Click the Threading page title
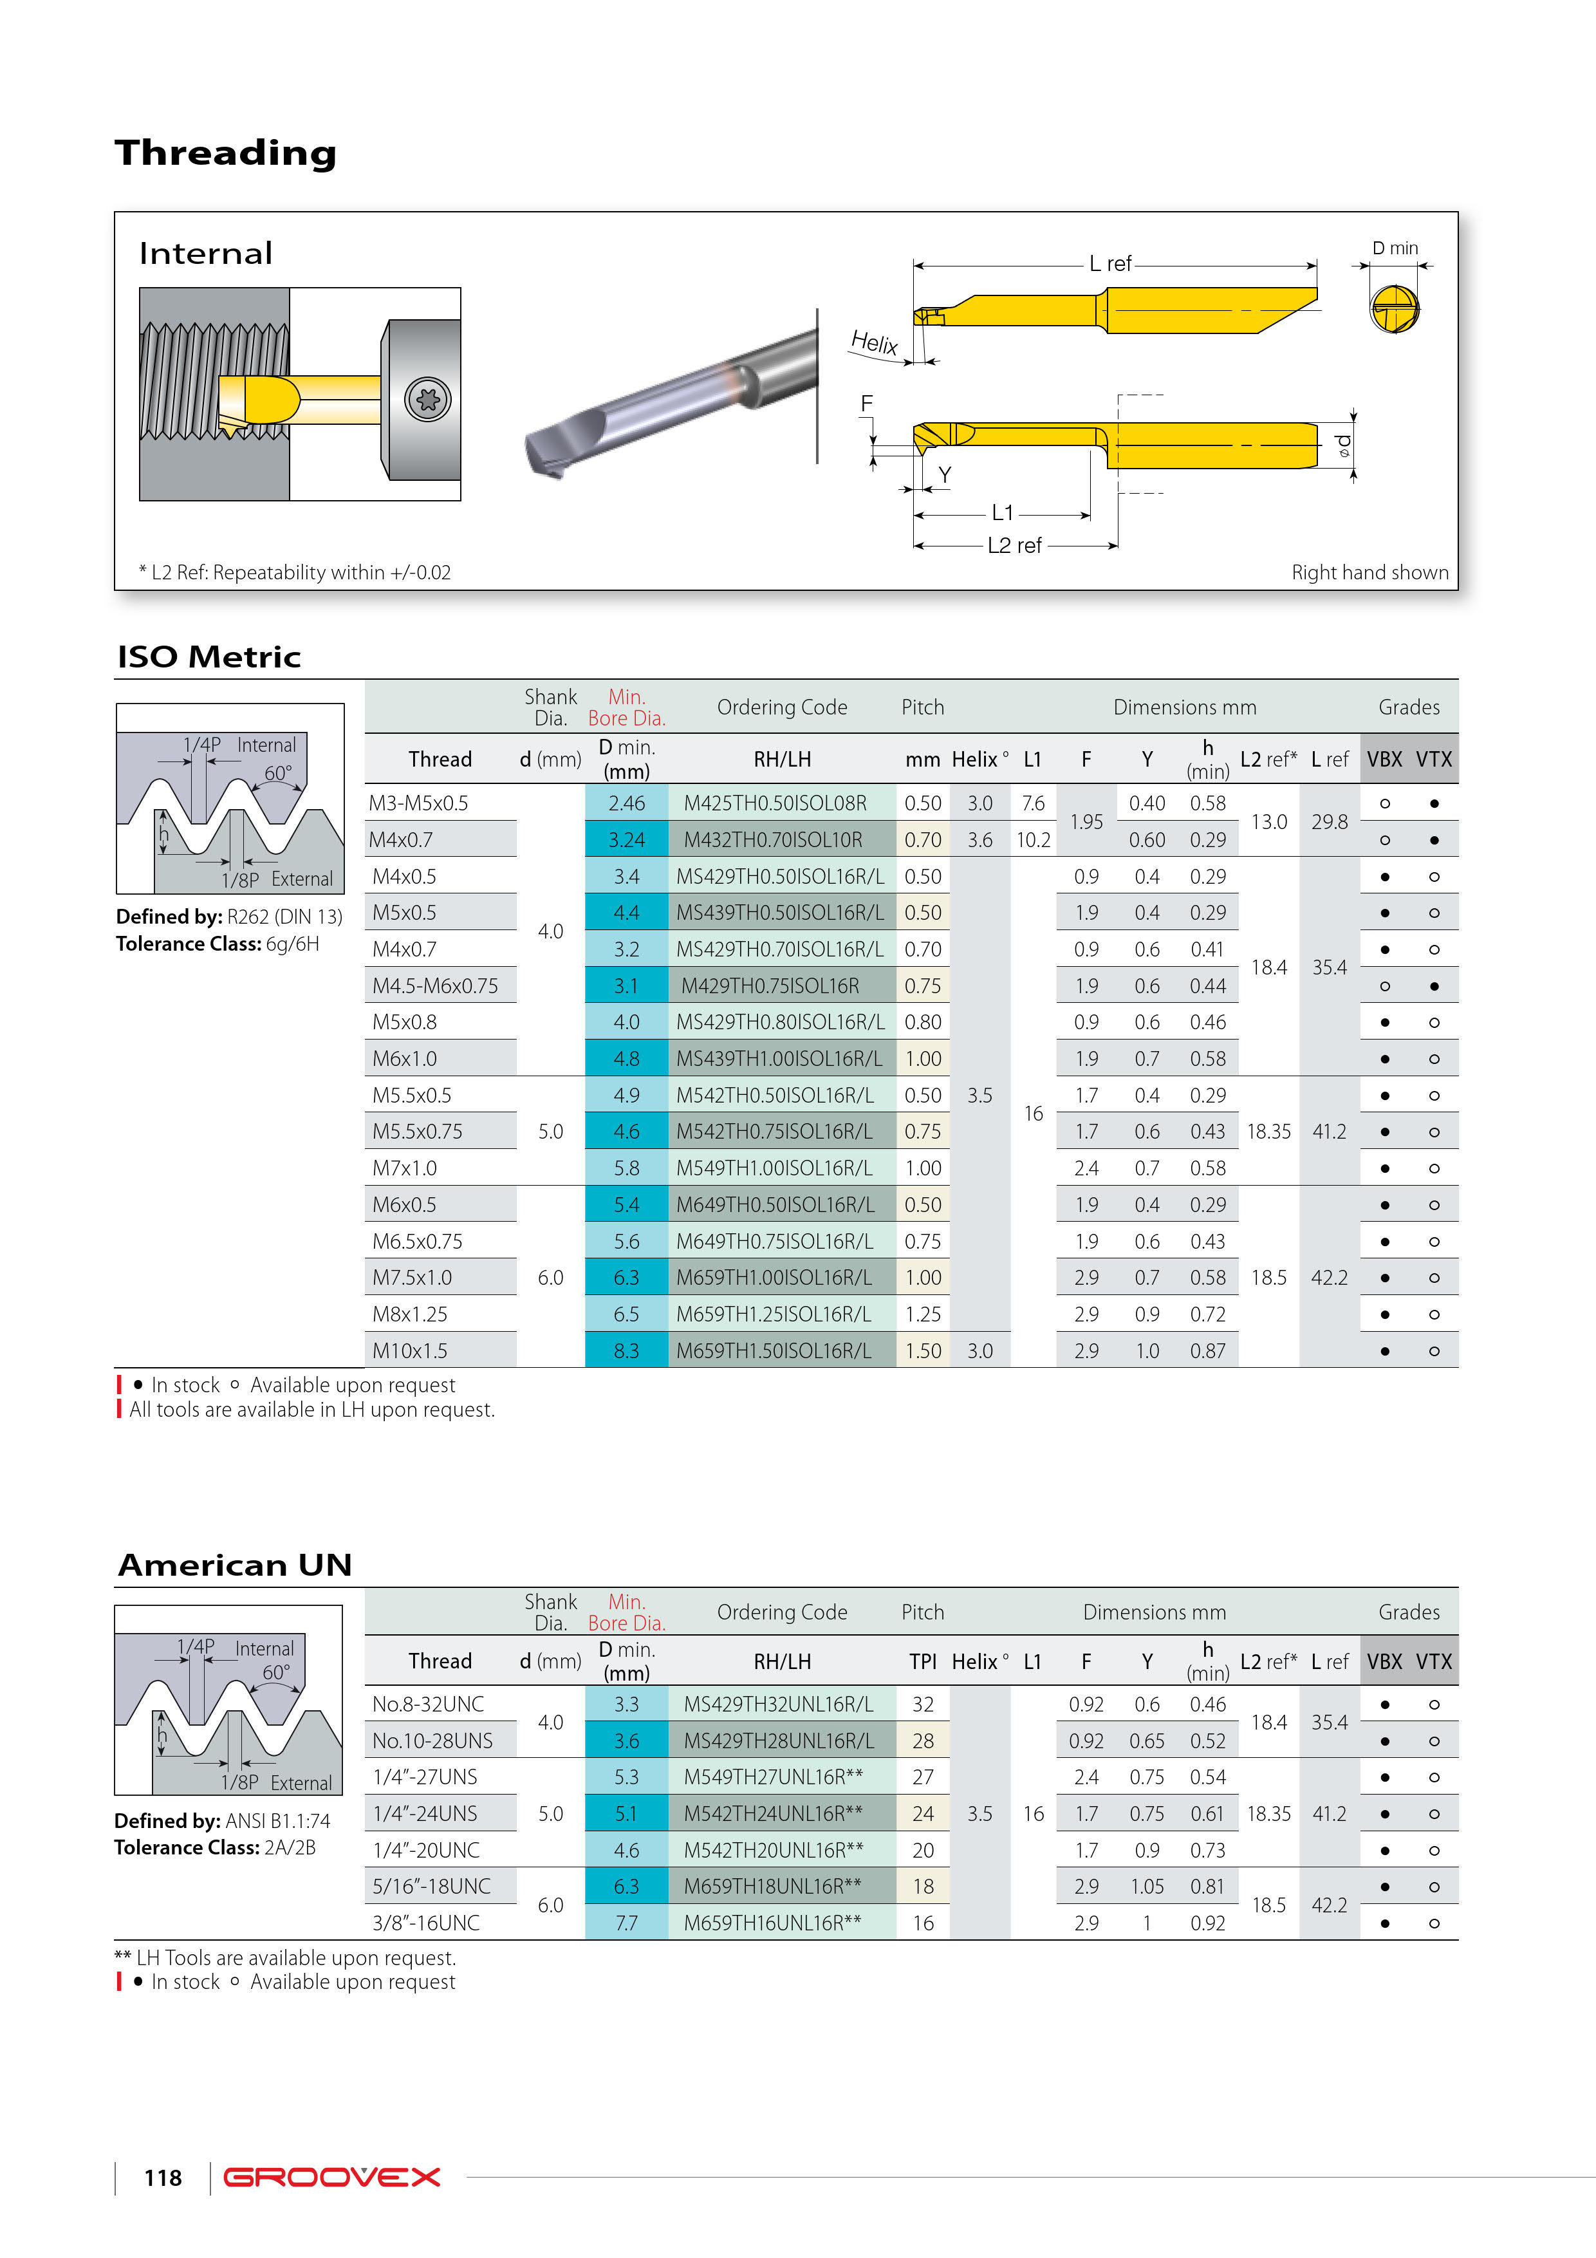pyautogui.click(x=225, y=153)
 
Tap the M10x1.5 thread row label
pyautogui.click(x=409, y=1351)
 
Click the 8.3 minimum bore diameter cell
pyautogui.click(x=626, y=1351)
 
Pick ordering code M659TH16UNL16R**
pyautogui.click(x=772, y=1923)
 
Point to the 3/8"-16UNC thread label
pyautogui.click(x=426, y=1923)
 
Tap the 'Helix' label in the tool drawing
pyautogui.click(x=873, y=342)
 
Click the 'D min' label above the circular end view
pyautogui.click(x=1395, y=248)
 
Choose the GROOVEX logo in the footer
pyautogui.click(x=331, y=2178)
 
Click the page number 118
pyautogui.click(x=162, y=2178)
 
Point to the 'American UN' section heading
pyautogui.click(x=234, y=1565)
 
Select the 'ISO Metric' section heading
pyautogui.click(x=209, y=657)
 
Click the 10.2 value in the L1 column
pyautogui.click(x=1032, y=840)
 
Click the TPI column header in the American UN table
pyautogui.click(x=922, y=1661)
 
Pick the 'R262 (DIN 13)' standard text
pyautogui.click(x=284, y=917)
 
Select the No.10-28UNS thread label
pyautogui.click(x=432, y=1740)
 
